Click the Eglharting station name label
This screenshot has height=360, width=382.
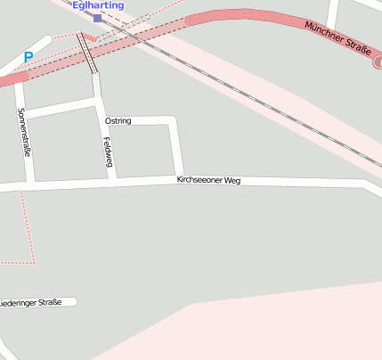(98, 5)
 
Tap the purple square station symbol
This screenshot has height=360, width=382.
(97, 17)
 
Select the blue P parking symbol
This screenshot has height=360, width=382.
(28, 57)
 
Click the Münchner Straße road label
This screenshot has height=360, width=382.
(335, 39)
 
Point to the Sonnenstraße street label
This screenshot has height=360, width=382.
(25, 133)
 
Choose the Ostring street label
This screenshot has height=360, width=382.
(118, 120)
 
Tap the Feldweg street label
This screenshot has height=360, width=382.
(108, 151)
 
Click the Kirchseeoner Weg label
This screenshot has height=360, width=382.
(208, 180)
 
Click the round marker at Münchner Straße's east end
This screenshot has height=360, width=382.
(377, 62)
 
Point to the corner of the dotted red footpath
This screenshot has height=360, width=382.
(34, 261)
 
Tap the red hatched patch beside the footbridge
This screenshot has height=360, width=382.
(92, 38)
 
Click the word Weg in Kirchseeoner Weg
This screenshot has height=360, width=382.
(232, 181)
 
